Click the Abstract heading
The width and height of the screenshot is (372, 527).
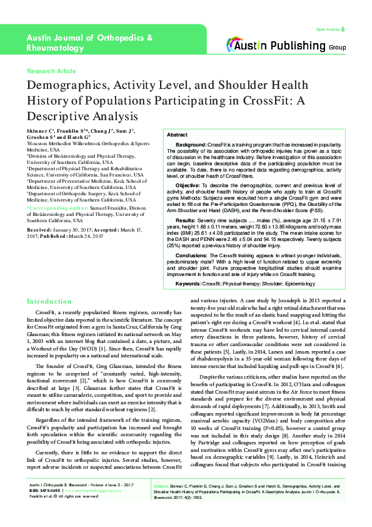pos(177,135)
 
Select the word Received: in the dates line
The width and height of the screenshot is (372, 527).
pos(40,230)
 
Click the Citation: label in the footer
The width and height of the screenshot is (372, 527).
pos(161,486)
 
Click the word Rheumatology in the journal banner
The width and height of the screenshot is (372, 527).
pos(56,48)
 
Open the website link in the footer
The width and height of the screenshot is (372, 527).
pos(93,491)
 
